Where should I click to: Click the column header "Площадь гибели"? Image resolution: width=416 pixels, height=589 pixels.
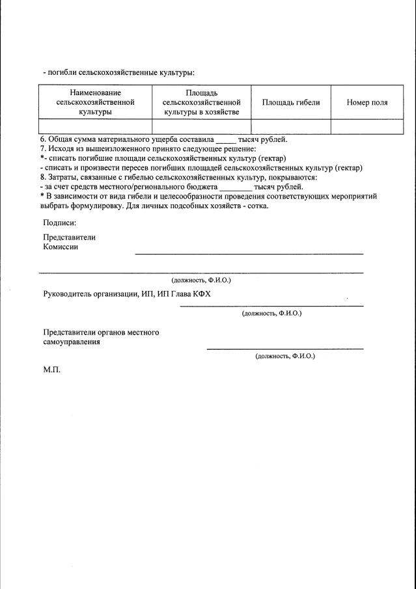tap(291, 103)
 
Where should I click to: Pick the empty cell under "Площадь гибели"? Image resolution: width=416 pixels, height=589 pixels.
tap(291, 126)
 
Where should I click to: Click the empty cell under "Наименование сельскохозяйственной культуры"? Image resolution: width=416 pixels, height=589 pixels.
tap(96, 126)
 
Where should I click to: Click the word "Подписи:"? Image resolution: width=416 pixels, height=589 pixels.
tap(60, 223)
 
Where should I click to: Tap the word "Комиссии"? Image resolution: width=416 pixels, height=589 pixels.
tap(61, 247)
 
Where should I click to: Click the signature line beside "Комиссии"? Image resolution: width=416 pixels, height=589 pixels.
tap(249, 253)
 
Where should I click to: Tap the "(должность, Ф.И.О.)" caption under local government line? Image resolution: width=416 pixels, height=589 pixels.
tap(285, 357)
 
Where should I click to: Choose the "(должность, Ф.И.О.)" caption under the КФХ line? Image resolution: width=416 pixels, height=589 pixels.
tap(271, 313)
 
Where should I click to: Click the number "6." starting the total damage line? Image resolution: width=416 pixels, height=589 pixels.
tap(44, 139)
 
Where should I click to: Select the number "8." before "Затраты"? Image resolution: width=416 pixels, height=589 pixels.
tap(44, 177)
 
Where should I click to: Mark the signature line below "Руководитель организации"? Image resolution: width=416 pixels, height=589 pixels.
tap(271, 305)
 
